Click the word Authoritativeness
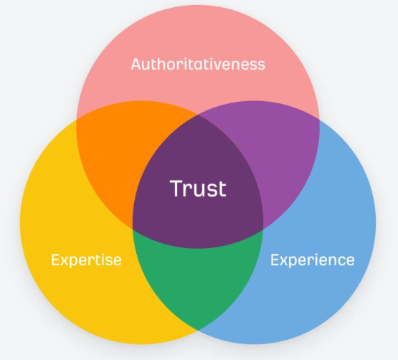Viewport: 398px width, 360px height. click(x=198, y=64)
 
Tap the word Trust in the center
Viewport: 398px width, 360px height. click(x=198, y=188)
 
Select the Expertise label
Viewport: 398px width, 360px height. click(x=86, y=260)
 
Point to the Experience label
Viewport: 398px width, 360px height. click(x=313, y=260)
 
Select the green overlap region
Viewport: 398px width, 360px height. click(x=198, y=277)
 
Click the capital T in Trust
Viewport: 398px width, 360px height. click(x=178, y=188)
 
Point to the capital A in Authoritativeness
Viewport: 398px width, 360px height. click(x=136, y=64)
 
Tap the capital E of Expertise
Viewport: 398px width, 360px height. click(x=55, y=260)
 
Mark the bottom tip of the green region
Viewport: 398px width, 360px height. click(x=198, y=330)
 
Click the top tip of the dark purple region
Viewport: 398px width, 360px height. click(x=198, y=115)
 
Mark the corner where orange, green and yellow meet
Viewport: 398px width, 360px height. click(x=133, y=229)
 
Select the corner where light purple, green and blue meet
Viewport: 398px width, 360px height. click(x=263, y=229)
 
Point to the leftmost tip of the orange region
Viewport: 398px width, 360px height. click(x=77, y=119)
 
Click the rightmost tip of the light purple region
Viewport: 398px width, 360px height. click(x=319, y=119)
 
